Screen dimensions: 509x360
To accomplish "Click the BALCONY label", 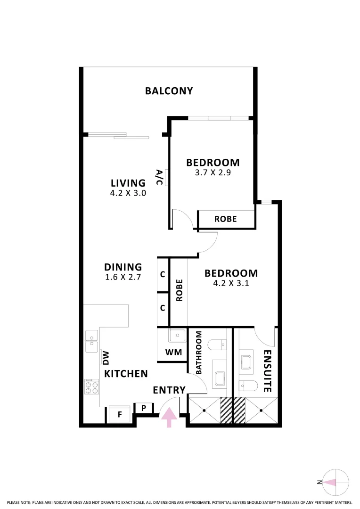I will (169, 91).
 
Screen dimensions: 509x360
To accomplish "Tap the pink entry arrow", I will (170, 417).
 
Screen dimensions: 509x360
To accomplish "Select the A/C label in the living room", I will (159, 177).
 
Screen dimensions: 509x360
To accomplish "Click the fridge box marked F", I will (120, 415).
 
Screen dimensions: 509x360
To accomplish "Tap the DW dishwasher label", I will (106, 357).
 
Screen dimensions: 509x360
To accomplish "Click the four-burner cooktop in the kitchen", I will (91, 387).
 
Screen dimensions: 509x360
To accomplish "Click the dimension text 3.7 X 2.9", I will (213, 172).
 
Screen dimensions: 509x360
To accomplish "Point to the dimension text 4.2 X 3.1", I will (231, 283).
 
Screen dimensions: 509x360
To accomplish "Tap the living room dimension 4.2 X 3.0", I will (128, 192).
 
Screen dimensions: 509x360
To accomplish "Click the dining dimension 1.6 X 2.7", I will (123, 277).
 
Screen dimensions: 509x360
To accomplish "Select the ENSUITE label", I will (267, 371).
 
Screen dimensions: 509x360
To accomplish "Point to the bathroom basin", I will (220, 378).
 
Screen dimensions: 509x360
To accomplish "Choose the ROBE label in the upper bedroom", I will (225, 219).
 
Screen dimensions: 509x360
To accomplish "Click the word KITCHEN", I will (126, 374).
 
